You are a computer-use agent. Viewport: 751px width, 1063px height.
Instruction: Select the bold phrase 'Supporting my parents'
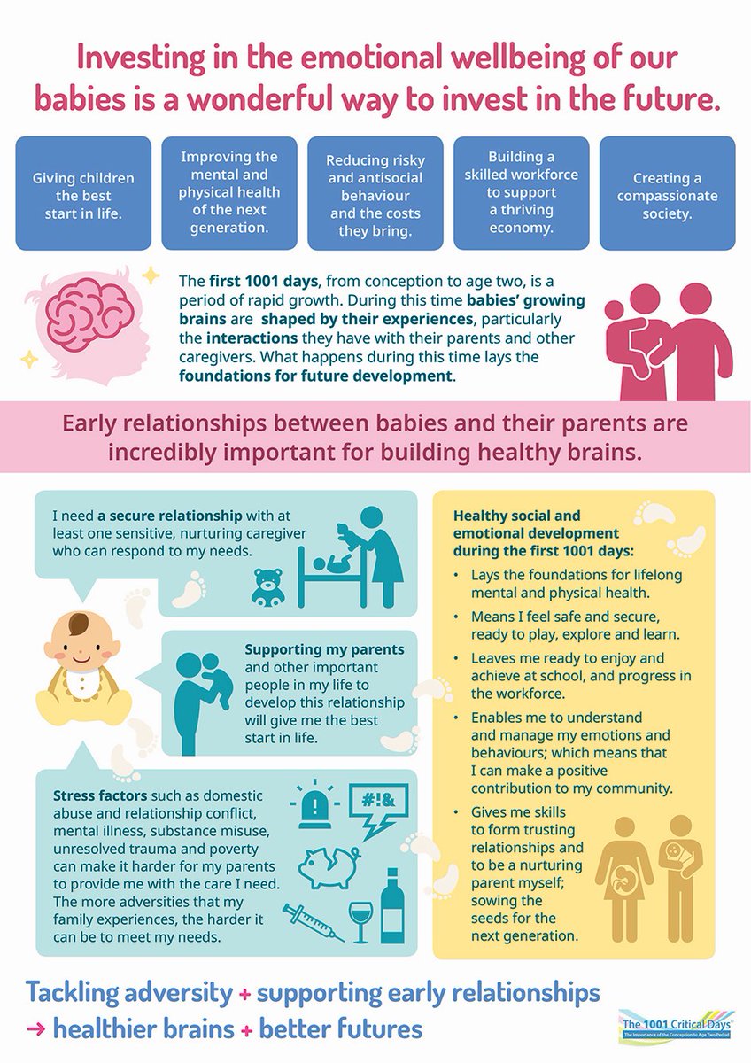coord(324,649)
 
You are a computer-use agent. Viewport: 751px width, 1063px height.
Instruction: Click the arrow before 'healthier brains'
coord(35,1031)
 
